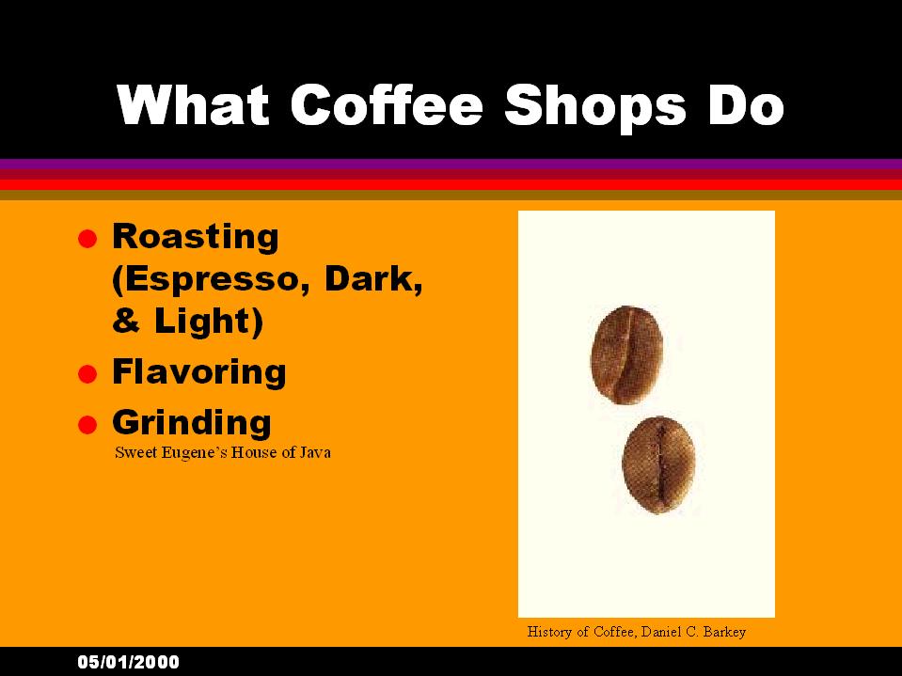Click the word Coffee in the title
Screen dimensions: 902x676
(387, 104)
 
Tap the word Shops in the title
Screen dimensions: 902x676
(595, 108)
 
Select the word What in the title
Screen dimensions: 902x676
(193, 104)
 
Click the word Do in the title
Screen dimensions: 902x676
(747, 104)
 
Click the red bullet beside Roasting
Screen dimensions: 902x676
(87, 239)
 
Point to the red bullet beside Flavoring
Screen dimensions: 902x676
(87, 374)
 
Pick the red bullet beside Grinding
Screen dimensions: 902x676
(87, 425)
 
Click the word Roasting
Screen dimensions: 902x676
(196, 237)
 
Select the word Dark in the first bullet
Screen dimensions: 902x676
(371, 278)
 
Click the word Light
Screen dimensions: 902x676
(204, 321)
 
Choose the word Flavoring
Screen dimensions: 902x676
(199, 372)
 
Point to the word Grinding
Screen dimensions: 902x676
(192, 423)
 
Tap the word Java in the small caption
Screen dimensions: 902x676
(314, 453)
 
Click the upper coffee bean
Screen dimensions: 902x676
(627, 354)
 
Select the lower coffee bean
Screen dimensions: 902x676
(659, 464)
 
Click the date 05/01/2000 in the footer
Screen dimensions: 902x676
(128, 662)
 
